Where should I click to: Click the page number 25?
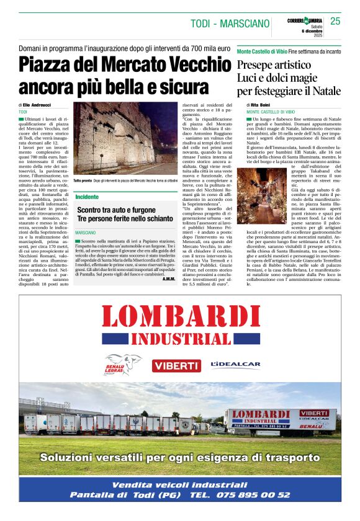coord(335,21)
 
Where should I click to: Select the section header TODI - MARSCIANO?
coord(230,24)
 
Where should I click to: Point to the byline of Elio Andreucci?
coord(35,105)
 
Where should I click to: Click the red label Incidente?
coord(88,196)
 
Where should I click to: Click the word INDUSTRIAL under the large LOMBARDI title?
coord(181,339)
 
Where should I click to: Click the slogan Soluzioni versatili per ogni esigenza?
coord(180,458)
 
